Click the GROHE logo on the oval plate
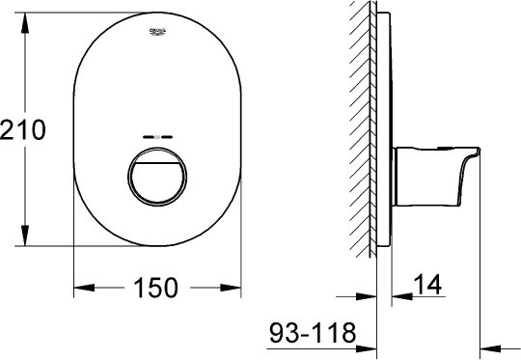tap(158, 34)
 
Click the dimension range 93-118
tap(312, 334)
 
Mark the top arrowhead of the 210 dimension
tap(23, 18)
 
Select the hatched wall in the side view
tap(362, 125)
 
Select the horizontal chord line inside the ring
tap(158, 155)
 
